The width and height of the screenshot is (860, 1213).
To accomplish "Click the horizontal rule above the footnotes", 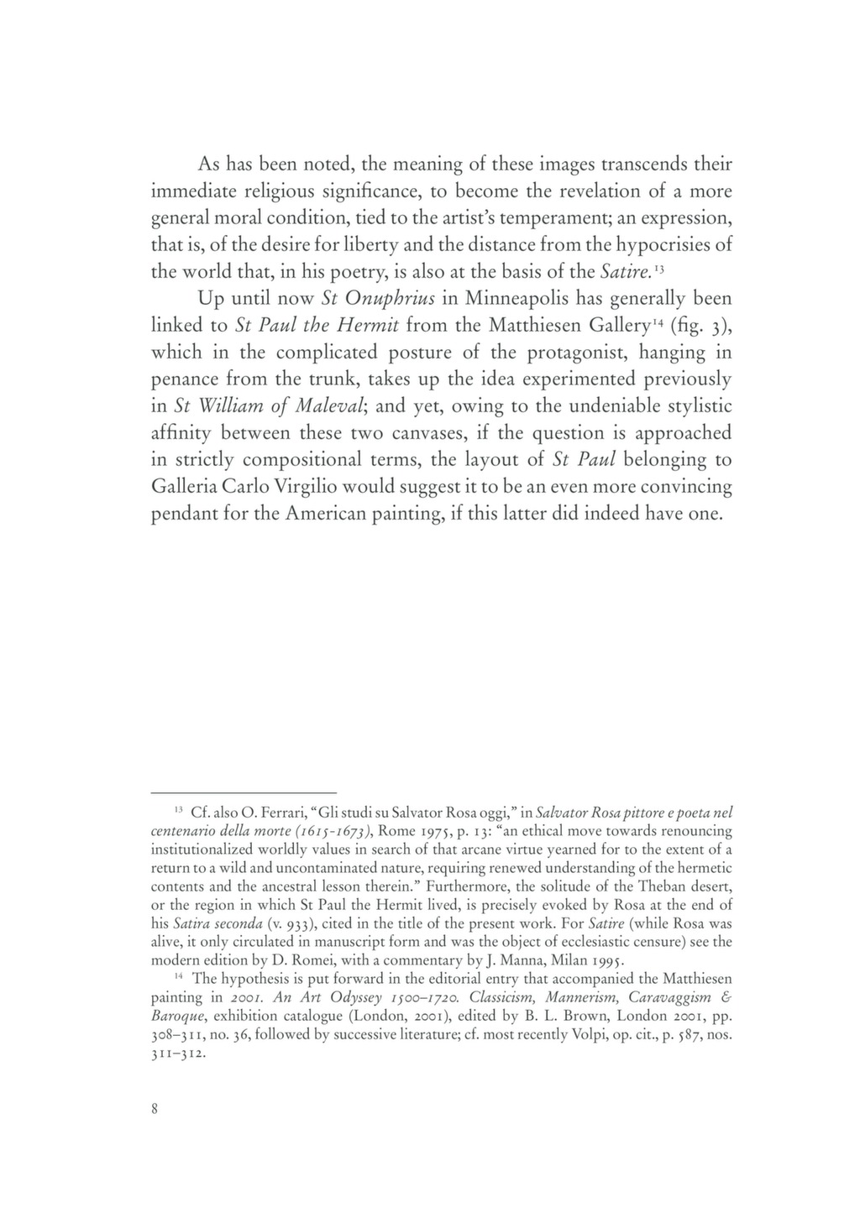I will coord(244,792).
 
